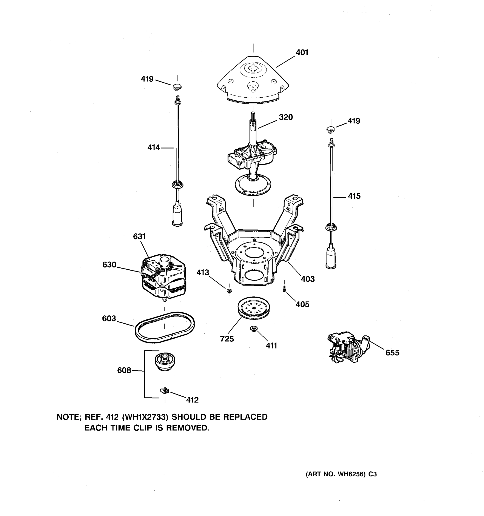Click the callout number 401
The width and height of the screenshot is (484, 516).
tap(302, 52)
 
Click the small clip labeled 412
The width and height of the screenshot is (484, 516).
tap(164, 390)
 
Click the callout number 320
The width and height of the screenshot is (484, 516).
tap(286, 117)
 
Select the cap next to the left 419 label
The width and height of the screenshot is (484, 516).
tap(177, 87)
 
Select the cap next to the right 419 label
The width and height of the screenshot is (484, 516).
tap(331, 129)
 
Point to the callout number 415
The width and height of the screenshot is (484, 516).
tap(354, 196)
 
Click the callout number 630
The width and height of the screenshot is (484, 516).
tap(109, 264)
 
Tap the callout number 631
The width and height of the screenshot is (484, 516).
tap(139, 236)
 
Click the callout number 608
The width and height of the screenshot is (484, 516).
tap(124, 370)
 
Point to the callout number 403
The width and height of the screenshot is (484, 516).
tap(308, 279)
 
